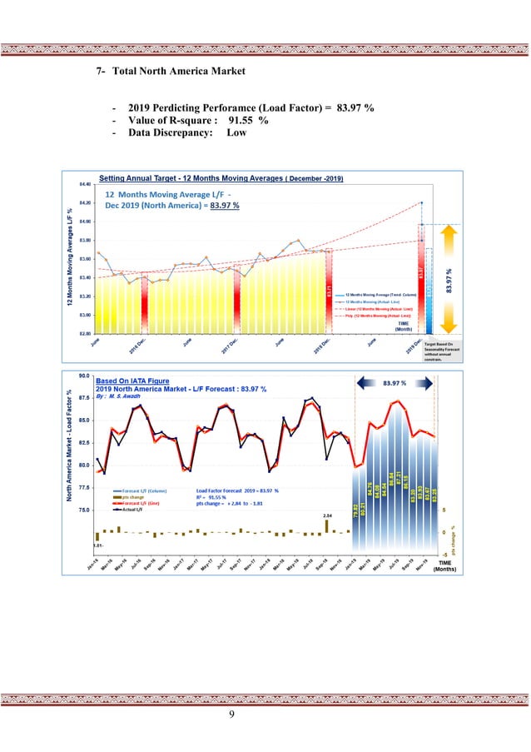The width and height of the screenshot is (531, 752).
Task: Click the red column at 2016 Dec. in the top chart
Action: click(146, 296)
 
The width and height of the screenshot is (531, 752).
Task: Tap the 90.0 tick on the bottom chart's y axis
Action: click(84, 376)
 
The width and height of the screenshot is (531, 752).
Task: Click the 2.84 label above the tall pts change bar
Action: click(327, 515)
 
